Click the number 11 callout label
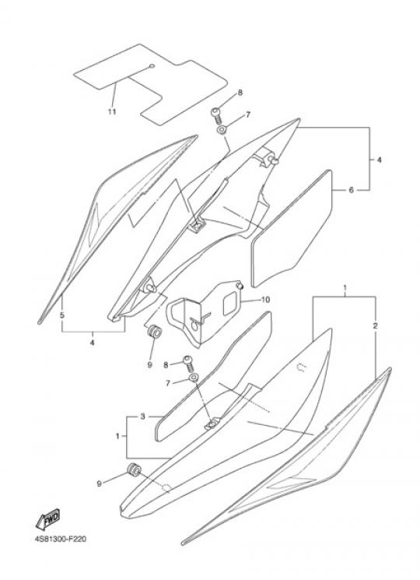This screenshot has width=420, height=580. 112,111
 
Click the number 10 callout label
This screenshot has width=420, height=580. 265,300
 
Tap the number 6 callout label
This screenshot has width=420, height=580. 352,190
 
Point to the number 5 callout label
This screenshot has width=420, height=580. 62,315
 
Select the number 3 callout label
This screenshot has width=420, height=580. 142,417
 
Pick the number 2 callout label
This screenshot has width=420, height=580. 376,326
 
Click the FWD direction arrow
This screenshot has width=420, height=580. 47,518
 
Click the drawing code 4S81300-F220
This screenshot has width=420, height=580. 60,539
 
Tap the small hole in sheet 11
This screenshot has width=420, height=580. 152,67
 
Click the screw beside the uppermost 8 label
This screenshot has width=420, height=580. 216,115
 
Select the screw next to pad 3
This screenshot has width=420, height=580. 188,363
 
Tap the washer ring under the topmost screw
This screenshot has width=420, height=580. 222,131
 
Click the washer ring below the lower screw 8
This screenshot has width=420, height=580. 194,378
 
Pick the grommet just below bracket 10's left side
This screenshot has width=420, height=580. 154,331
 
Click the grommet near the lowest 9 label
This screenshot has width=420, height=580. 133,469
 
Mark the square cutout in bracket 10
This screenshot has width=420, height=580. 231,304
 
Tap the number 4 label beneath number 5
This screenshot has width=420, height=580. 92,343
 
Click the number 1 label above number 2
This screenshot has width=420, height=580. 345,287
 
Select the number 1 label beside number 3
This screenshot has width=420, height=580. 117,436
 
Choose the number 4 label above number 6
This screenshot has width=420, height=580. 380,160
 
